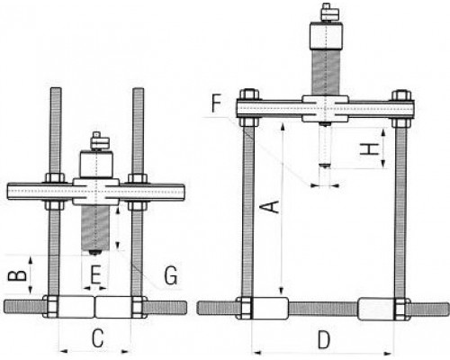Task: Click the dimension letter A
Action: (x=273, y=207)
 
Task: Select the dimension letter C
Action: (x=98, y=338)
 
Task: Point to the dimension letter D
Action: (x=324, y=340)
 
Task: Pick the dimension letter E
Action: (x=95, y=274)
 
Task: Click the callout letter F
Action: (x=217, y=103)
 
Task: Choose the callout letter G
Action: (x=171, y=275)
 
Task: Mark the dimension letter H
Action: (x=369, y=149)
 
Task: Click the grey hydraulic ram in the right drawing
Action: (x=326, y=73)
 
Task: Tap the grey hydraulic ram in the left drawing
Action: (x=95, y=228)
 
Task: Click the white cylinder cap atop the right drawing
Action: (x=326, y=36)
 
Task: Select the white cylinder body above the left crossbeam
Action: (x=96, y=165)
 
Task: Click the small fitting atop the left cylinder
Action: (x=100, y=141)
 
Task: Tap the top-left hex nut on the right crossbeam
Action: (x=249, y=94)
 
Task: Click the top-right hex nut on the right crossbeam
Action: (x=401, y=94)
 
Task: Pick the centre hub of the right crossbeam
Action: (x=325, y=109)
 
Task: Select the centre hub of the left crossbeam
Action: (x=96, y=192)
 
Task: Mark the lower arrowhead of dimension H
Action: (x=383, y=164)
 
